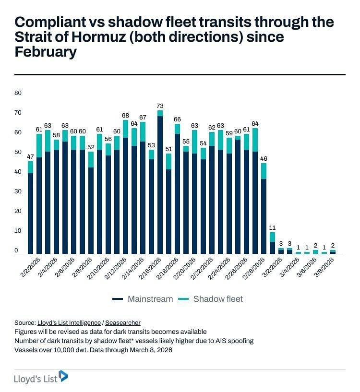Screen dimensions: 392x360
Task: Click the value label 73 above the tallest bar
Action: click(x=160, y=106)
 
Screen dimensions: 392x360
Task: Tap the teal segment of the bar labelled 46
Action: click(x=264, y=171)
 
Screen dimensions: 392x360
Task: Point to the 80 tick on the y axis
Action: click(x=18, y=93)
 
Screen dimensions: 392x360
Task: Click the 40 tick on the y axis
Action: click(x=18, y=172)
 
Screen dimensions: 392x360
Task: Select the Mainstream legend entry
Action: click(x=143, y=299)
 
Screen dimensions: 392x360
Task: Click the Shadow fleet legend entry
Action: click(x=212, y=299)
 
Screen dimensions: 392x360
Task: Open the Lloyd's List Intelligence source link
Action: click(x=69, y=323)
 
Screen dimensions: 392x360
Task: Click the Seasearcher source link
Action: click(x=123, y=323)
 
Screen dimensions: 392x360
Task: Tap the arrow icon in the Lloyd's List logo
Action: click(x=63, y=376)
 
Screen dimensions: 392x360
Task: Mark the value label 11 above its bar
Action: click(x=272, y=227)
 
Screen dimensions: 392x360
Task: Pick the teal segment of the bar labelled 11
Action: click(x=273, y=237)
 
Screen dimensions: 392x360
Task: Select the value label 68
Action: click(x=126, y=115)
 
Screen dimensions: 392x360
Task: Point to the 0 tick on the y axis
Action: click(x=16, y=250)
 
